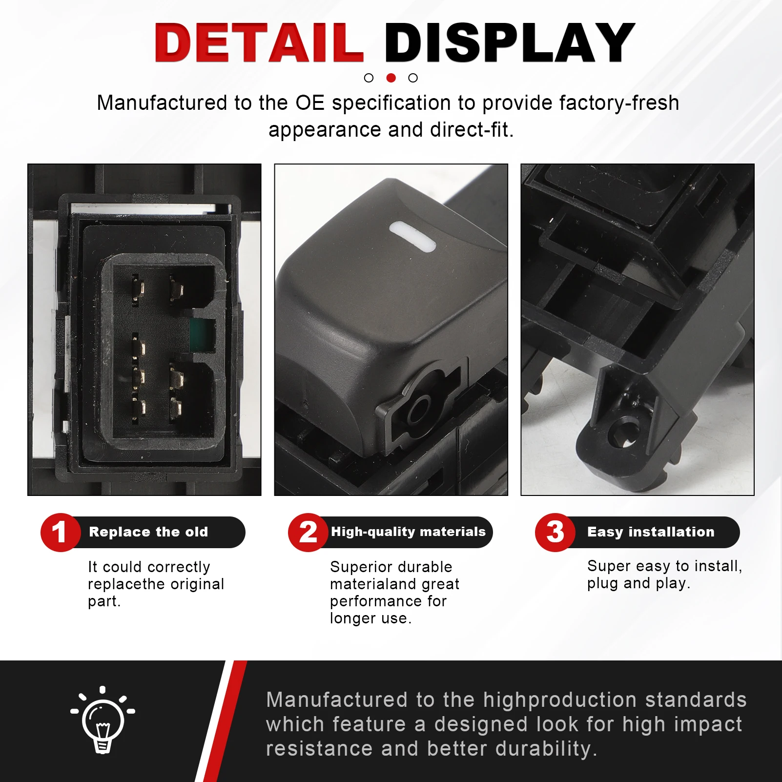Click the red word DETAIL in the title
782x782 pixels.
click(x=259, y=42)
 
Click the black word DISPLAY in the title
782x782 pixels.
click(x=510, y=42)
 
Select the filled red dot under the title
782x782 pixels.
click(x=391, y=78)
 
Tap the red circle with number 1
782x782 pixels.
click(x=60, y=533)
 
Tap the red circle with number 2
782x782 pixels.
click(x=308, y=533)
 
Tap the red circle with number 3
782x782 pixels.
click(x=555, y=533)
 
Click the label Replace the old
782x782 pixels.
click(x=148, y=532)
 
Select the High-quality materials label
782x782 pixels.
click(x=409, y=532)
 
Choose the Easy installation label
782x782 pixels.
click(x=651, y=532)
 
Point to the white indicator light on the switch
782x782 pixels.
click(x=412, y=237)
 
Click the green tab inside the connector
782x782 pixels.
click(x=203, y=336)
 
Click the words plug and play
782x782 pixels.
click(x=638, y=583)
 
